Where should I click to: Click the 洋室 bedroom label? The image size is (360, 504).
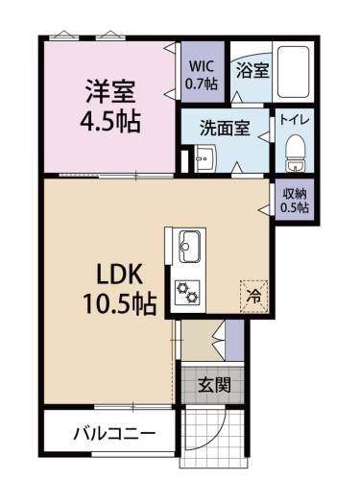coord(110,91)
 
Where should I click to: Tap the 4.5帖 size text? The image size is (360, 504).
coord(110,121)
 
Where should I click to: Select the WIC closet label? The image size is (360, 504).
coord(202,66)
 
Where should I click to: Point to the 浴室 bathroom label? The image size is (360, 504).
coord(252,70)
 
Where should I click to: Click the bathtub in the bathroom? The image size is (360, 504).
coord(293,72)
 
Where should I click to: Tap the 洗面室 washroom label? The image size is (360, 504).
coord(225,128)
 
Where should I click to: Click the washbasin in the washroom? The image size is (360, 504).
coord(205,158)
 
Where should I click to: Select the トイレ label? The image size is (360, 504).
coord(295,120)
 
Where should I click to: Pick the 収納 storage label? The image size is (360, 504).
coord(295,194)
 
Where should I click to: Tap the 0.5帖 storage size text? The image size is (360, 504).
coord(295,207)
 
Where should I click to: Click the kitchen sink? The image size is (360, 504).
coord(189,246)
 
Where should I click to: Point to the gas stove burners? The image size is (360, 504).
coord(187,292)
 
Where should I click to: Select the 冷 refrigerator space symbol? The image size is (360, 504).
coord(254,296)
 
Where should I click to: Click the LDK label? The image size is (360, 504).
coord(120,276)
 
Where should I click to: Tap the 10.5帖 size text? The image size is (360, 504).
coord(120,303)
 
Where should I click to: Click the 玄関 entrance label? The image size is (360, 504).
coord(214,385)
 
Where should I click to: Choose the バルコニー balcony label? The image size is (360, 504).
coord(114,434)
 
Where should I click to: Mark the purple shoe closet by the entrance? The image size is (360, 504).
coord(234,341)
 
